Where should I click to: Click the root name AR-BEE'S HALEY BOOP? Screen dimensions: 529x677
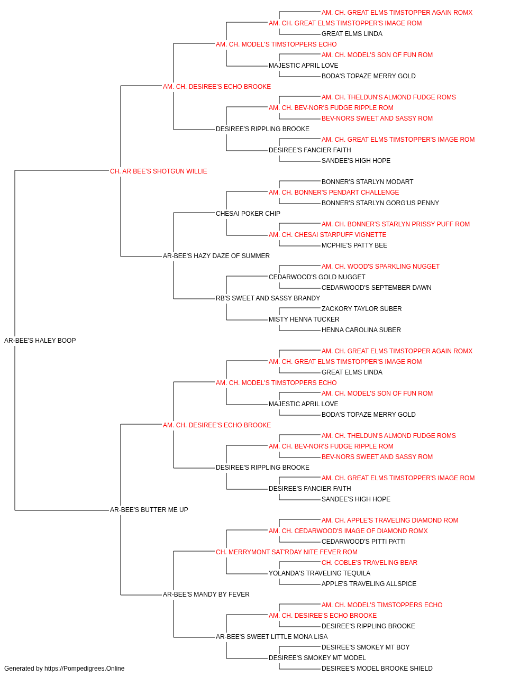coord(40,341)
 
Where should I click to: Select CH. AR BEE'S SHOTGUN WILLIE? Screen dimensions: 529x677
coord(159,171)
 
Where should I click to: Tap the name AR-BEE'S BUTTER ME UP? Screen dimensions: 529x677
coord(149,510)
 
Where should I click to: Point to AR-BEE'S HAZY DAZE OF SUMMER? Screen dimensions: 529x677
coord(216,256)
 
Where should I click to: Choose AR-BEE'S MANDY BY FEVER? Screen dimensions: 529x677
coord(206,594)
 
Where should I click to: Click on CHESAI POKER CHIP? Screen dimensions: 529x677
coord(248,213)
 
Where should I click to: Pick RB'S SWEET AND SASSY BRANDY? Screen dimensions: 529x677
coord(268,298)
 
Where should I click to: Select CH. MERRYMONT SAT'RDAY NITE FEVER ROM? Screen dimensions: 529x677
coord(287,552)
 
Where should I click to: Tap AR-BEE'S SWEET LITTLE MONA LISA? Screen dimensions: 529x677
coord(272,636)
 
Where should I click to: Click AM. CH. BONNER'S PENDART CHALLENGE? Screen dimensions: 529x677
coord(334,192)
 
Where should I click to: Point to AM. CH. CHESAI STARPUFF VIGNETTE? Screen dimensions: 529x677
coord(327,235)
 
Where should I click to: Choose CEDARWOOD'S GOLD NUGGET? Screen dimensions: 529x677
coord(317,277)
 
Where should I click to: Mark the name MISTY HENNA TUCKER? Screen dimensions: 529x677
coord(304,319)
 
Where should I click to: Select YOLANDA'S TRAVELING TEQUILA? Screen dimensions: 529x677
coord(320,573)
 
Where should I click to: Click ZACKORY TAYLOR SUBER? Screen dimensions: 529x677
coord(362,309)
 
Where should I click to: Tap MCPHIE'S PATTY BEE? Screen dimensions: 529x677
coord(354,245)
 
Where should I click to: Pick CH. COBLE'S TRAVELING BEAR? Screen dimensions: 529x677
coord(369,563)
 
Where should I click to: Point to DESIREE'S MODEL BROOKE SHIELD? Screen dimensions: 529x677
coord(377,669)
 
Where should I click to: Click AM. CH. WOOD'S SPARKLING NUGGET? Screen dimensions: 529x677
coord(381,267)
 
